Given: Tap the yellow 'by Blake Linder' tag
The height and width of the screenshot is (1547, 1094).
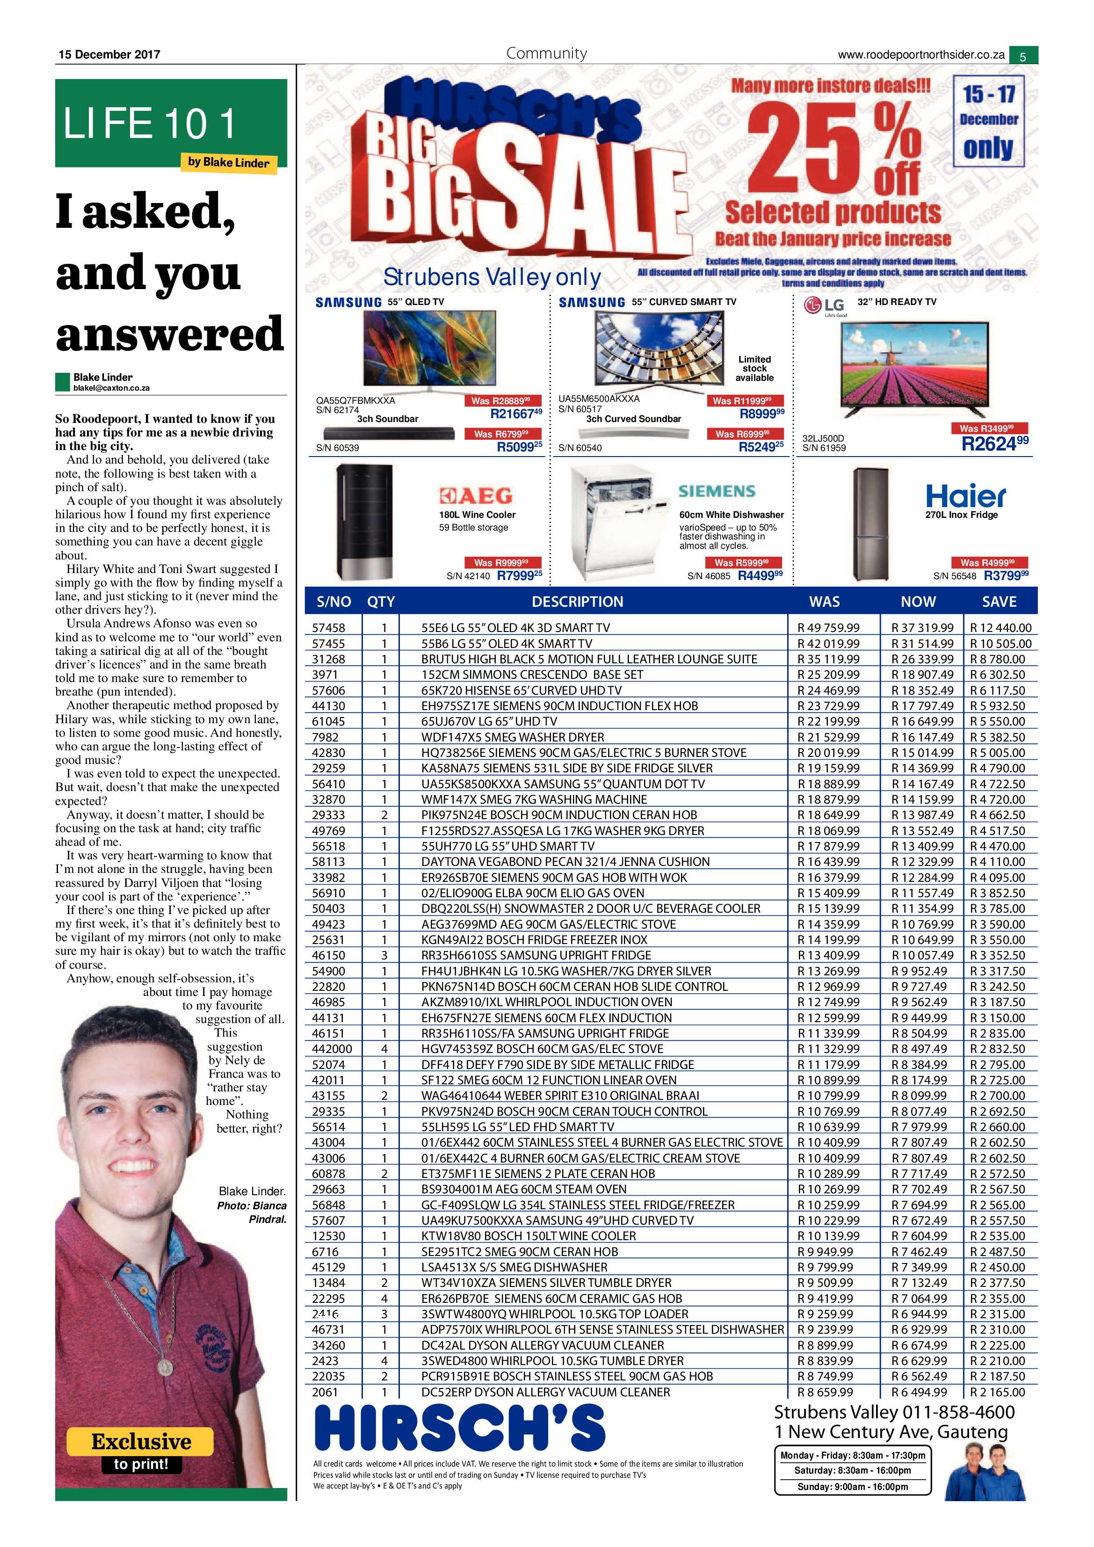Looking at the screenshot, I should point(228,162).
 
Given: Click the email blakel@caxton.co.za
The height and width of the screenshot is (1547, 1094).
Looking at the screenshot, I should point(111,388).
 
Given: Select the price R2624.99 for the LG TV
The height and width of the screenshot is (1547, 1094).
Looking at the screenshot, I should point(994,444).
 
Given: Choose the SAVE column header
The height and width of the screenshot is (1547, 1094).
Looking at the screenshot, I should point(999,602).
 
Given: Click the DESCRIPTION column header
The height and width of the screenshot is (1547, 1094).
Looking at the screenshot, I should point(577,602).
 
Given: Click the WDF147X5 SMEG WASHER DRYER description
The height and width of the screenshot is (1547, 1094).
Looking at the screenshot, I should point(513,737).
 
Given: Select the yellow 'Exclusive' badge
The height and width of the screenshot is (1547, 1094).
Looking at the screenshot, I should point(140,1441).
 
